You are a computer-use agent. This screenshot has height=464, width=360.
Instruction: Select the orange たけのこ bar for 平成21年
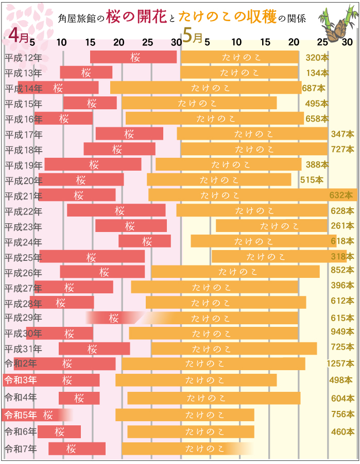tap(252, 195)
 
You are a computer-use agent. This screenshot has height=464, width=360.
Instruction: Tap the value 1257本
tap(340, 364)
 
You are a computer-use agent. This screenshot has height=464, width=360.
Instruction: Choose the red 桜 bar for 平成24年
tap(145, 241)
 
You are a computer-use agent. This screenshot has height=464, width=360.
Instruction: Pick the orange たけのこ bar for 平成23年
tap(271, 226)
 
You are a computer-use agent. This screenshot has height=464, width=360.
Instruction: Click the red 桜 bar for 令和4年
tap(79, 398)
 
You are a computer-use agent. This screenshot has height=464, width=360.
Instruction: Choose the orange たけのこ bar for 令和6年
tap(191, 432)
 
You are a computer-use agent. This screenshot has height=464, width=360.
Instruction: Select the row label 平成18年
tap(23, 150)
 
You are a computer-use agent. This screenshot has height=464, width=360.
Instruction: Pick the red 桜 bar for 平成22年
tap(116, 210)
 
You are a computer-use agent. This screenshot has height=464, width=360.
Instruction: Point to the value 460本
tap(342, 432)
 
